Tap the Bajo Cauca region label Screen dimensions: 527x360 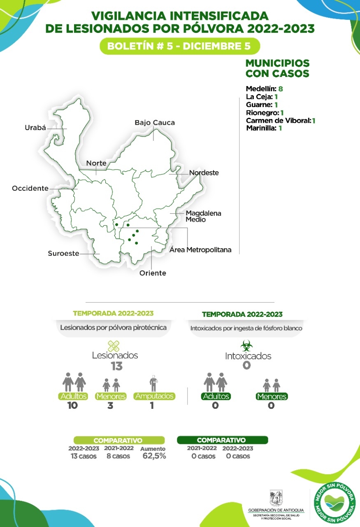point(155,123)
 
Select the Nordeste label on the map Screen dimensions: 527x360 point(204,173)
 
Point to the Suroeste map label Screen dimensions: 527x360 point(63,254)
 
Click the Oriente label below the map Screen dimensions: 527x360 point(153,273)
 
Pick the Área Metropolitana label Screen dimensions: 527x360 point(200,250)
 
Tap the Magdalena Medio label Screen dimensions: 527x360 point(203,217)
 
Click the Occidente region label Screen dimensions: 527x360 point(30,188)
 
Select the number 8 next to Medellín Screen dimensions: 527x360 point(280,89)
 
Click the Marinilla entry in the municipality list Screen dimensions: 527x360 point(261,128)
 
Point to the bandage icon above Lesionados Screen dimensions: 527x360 point(114,346)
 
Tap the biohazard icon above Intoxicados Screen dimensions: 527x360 point(246,345)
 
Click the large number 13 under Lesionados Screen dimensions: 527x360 point(117,366)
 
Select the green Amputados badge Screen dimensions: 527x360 point(154,396)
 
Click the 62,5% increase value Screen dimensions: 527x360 point(154,456)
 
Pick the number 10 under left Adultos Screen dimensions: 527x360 point(73,406)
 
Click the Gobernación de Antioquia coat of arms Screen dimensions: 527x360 point(276,498)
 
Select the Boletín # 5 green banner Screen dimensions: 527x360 point(180,46)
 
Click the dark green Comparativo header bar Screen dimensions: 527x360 point(222,440)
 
